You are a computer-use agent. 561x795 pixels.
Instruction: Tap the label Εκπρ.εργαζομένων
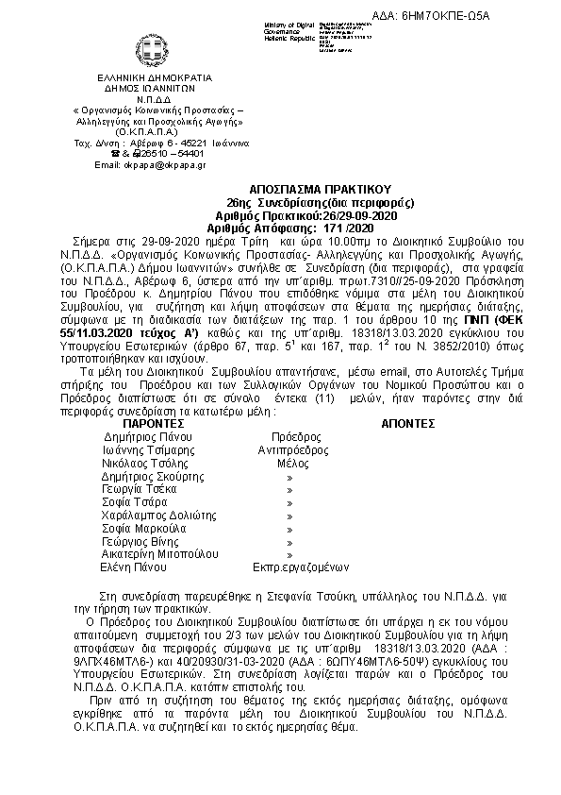coord(302,567)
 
